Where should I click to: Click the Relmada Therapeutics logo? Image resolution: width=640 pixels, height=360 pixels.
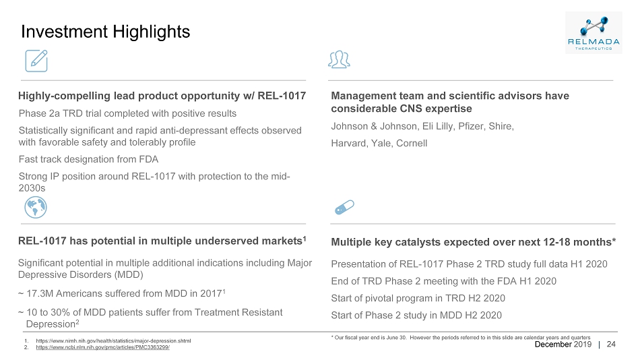point(594,32)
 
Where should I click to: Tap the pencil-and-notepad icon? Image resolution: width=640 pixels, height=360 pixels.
point(36,61)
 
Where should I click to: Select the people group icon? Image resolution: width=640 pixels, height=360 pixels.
point(339,59)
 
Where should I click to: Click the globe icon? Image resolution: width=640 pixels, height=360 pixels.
point(36,207)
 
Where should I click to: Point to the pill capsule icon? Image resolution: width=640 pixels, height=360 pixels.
point(344,207)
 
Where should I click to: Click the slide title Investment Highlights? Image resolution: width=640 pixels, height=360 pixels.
point(105,32)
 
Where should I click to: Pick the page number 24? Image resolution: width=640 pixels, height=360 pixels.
point(611,344)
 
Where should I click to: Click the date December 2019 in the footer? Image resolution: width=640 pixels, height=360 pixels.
point(563,344)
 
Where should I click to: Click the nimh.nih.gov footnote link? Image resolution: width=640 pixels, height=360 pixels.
point(113,341)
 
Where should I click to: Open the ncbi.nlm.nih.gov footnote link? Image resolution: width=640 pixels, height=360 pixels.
point(102,347)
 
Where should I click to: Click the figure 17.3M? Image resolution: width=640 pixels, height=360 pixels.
point(40,293)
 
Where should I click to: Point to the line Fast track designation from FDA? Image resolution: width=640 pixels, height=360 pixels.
point(88,159)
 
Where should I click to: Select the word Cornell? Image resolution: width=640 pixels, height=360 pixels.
point(412,144)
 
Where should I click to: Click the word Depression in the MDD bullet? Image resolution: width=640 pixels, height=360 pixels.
point(51,324)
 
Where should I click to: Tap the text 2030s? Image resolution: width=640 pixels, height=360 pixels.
point(32,188)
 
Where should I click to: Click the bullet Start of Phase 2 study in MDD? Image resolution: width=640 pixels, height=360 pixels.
point(416,316)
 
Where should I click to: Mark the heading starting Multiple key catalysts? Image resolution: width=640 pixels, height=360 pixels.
point(474,242)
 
